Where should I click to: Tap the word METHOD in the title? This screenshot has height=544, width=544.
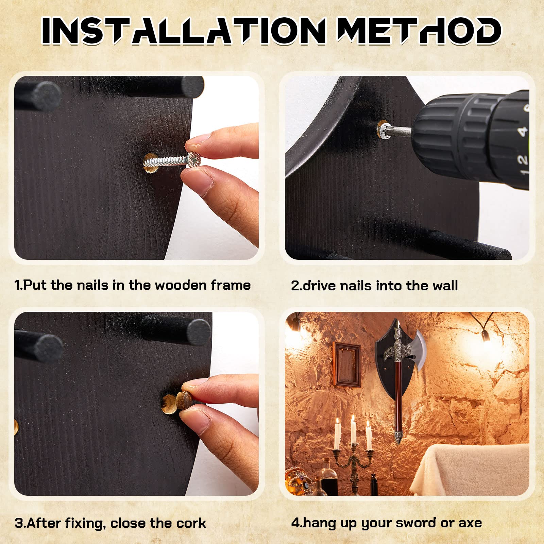pos(419,31)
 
